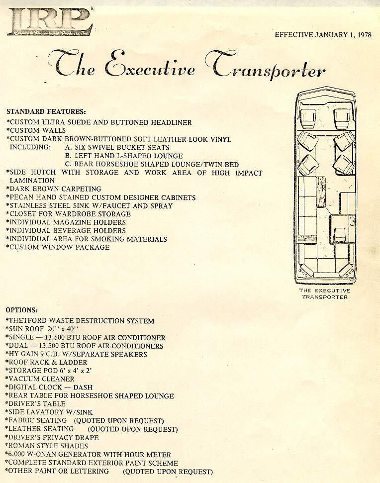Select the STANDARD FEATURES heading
tap(46, 111)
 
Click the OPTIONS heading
tap(22, 309)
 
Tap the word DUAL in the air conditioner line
tap(18, 346)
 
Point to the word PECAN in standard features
tap(20, 197)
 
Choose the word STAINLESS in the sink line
tap(28, 206)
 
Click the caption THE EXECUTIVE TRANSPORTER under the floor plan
tap(324, 293)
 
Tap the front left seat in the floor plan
tap(308, 118)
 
